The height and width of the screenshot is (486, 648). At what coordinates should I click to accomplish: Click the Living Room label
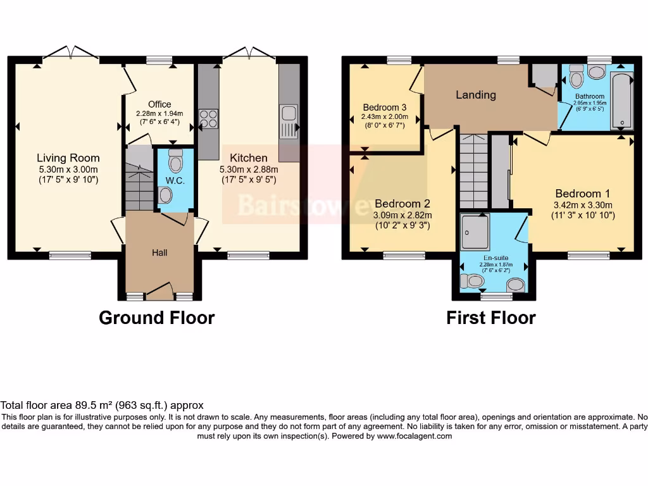click(x=68, y=158)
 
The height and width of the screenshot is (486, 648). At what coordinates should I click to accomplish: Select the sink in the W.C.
click(x=165, y=196)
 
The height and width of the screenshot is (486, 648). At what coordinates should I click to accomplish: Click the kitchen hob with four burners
click(x=208, y=118)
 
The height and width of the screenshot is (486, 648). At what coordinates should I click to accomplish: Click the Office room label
click(x=159, y=104)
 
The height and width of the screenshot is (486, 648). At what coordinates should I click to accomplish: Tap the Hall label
click(x=159, y=252)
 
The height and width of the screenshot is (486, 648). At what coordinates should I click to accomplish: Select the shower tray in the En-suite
click(x=475, y=231)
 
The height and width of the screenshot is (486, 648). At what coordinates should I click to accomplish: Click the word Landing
click(x=476, y=95)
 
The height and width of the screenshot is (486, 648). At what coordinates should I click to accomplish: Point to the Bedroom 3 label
click(x=385, y=107)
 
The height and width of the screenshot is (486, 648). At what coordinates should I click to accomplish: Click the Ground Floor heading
click(x=156, y=318)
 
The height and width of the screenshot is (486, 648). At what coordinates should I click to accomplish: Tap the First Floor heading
click(x=490, y=318)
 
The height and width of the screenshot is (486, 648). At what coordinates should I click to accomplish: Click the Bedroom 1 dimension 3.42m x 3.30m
click(x=583, y=204)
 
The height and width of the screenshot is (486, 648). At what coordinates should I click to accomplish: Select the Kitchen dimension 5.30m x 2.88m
click(x=248, y=169)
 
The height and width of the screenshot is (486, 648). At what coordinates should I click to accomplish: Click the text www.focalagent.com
click(x=414, y=436)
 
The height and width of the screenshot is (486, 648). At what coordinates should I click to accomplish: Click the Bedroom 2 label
click(x=402, y=204)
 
